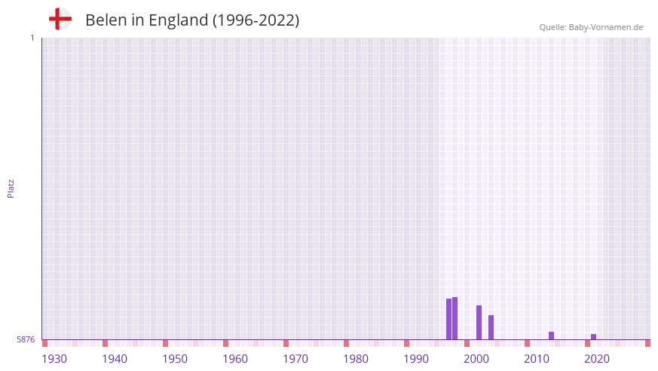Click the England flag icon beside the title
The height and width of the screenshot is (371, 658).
click(x=60, y=19)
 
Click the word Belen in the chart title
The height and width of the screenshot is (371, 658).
click(x=106, y=20)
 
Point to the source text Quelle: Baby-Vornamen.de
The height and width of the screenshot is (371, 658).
click(x=591, y=27)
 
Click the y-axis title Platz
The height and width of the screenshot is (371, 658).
click(x=11, y=188)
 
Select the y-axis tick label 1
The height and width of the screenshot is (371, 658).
click(x=32, y=38)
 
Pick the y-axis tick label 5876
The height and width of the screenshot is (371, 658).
click(x=26, y=339)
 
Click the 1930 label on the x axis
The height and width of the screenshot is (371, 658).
click(x=54, y=359)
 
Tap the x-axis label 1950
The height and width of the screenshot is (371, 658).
click(x=175, y=359)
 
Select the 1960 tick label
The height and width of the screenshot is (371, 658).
click(x=235, y=359)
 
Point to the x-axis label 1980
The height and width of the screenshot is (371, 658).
click(x=356, y=359)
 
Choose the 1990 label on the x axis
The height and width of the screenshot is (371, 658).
click(x=416, y=359)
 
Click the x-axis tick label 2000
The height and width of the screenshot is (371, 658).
click(x=476, y=359)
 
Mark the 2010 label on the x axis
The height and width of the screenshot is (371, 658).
click(x=537, y=359)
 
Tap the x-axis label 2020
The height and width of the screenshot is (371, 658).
click(x=597, y=359)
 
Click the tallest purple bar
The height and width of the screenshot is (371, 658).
click(x=455, y=318)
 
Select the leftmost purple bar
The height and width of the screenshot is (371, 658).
click(x=448, y=319)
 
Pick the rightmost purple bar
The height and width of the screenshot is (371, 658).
click(x=593, y=336)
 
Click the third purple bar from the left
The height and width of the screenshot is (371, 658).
click(x=479, y=322)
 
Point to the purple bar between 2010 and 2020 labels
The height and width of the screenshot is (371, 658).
click(x=551, y=336)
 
